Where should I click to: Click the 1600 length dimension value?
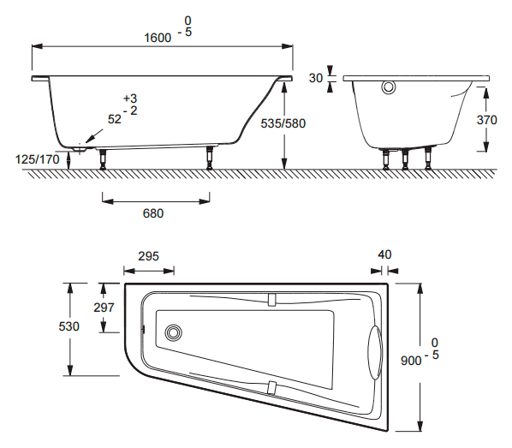(x=158, y=38)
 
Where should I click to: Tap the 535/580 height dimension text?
(x=283, y=123)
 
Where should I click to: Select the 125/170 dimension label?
(x=38, y=159)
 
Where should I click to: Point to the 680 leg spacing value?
(x=153, y=213)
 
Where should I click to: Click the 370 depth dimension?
(x=486, y=120)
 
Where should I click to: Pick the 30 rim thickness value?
(x=315, y=78)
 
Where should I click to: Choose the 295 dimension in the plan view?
(x=149, y=256)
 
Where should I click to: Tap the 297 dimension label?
(x=104, y=308)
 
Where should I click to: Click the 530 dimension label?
(x=68, y=326)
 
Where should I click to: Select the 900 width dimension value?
(x=411, y=361)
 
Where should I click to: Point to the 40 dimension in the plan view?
(x=384, y=254)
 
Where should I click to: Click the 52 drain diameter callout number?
(x=114, y=119)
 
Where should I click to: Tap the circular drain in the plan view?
(x=174, y=332)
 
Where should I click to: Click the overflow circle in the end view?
(x=389, y=87)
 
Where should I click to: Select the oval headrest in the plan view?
(x=374, y=353)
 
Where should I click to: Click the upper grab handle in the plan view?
(x=271, y=300)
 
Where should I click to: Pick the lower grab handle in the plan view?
(x=271, y=388)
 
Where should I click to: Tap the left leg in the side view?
(x=103, y=159)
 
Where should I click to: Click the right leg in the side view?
(x=209, y=158)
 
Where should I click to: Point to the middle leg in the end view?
(x=405, y=160)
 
